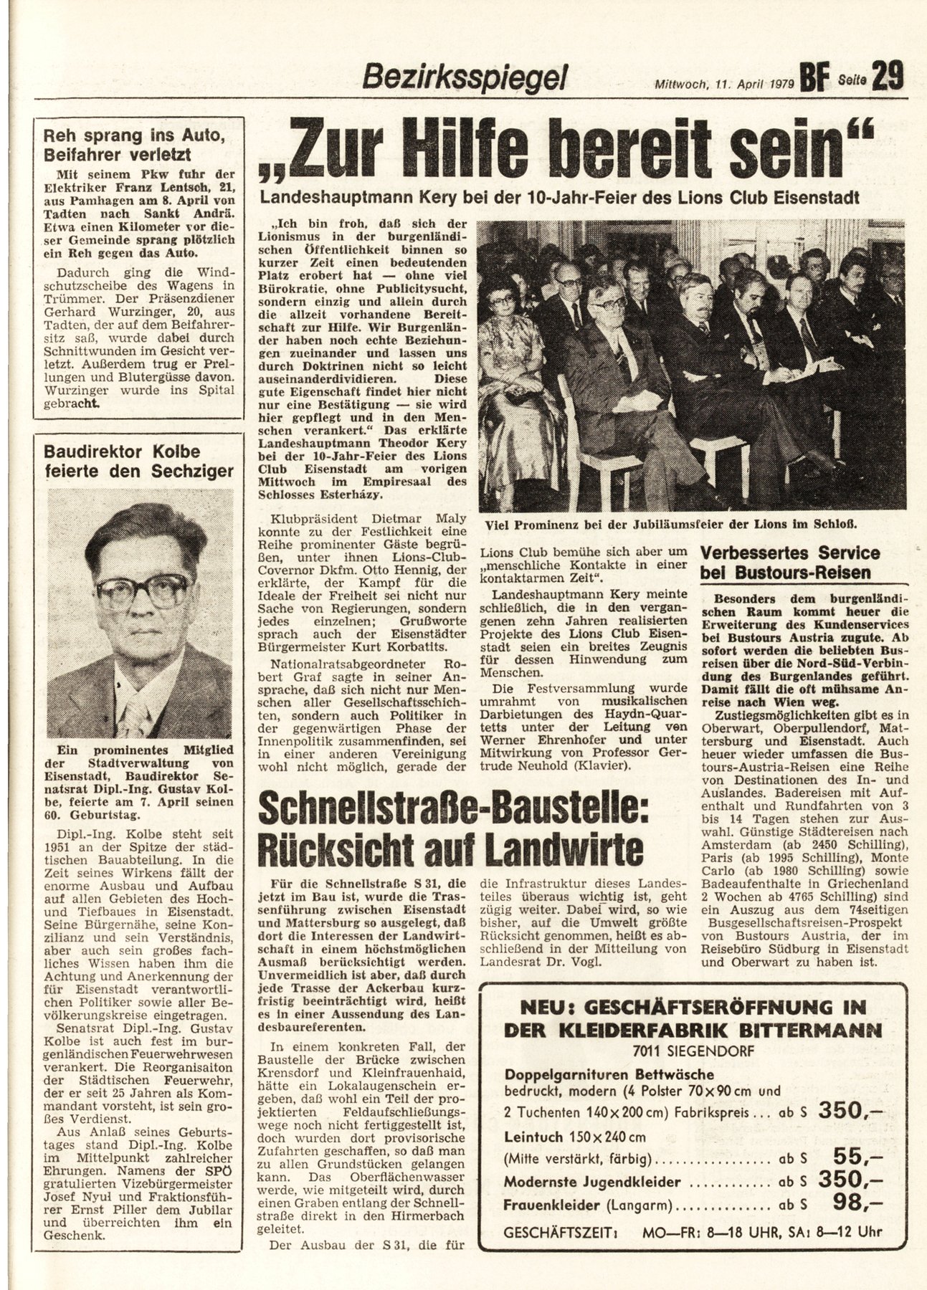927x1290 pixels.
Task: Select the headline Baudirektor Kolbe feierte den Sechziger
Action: point(138,462)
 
